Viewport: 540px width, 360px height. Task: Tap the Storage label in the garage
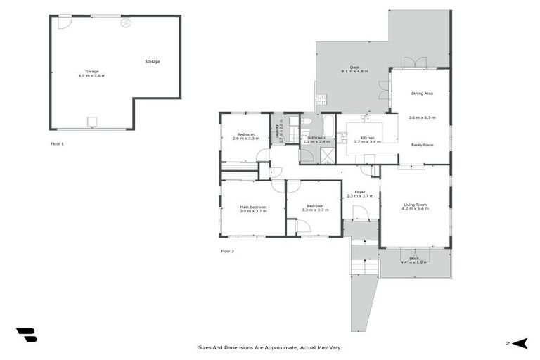[153, 62]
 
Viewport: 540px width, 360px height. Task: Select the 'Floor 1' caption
[58, 144]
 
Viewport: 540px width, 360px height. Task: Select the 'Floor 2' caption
[228, 251]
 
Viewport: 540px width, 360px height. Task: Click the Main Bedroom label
[253, 207]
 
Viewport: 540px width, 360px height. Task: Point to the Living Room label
[414, 205]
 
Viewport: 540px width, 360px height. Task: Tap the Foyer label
[359, 192]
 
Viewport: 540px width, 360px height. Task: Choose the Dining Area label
[422, 93]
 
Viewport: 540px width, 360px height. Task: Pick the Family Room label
[422, 144]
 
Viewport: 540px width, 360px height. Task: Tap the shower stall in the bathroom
[307, 155]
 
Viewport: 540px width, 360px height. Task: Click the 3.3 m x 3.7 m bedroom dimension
[314, 210]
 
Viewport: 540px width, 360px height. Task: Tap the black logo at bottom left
[26, 335]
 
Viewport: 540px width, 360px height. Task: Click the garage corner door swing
[64, 22]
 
